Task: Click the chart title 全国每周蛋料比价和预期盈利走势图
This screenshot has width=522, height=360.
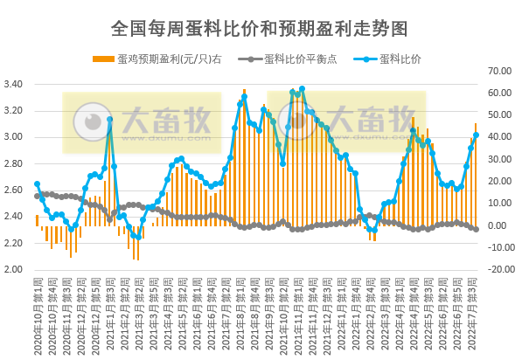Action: tap(261, 28)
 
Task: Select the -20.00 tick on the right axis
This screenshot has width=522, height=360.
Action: tap(499, 270)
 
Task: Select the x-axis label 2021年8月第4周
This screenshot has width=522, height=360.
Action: tap(253, 311)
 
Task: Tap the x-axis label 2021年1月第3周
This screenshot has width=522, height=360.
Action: tap(108, 311)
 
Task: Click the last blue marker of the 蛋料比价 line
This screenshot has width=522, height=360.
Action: tap(476, 135)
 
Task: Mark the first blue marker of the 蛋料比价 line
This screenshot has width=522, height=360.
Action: tap(37, 184)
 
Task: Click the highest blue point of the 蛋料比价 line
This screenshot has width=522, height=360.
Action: tap(302, 89)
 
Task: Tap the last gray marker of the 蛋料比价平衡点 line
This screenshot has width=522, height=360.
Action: tap(476, 229)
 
